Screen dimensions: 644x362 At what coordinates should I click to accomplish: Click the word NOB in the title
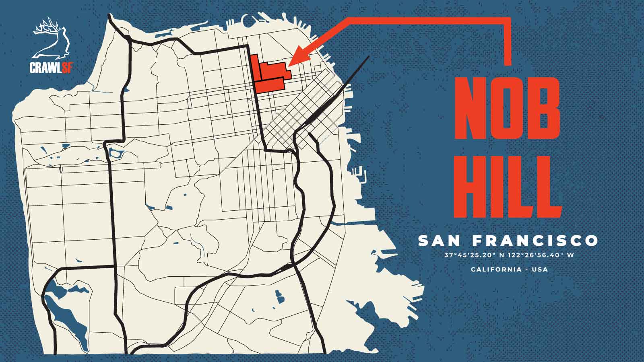coord(508,107)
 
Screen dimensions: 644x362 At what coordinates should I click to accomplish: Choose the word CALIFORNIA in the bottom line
coord(496,269)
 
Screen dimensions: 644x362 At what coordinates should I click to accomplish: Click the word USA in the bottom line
coord(540,269)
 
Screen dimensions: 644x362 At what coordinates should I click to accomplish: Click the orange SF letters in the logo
coord(67,67)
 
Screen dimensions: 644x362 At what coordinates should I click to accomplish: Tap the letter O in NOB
coord(508,107)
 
